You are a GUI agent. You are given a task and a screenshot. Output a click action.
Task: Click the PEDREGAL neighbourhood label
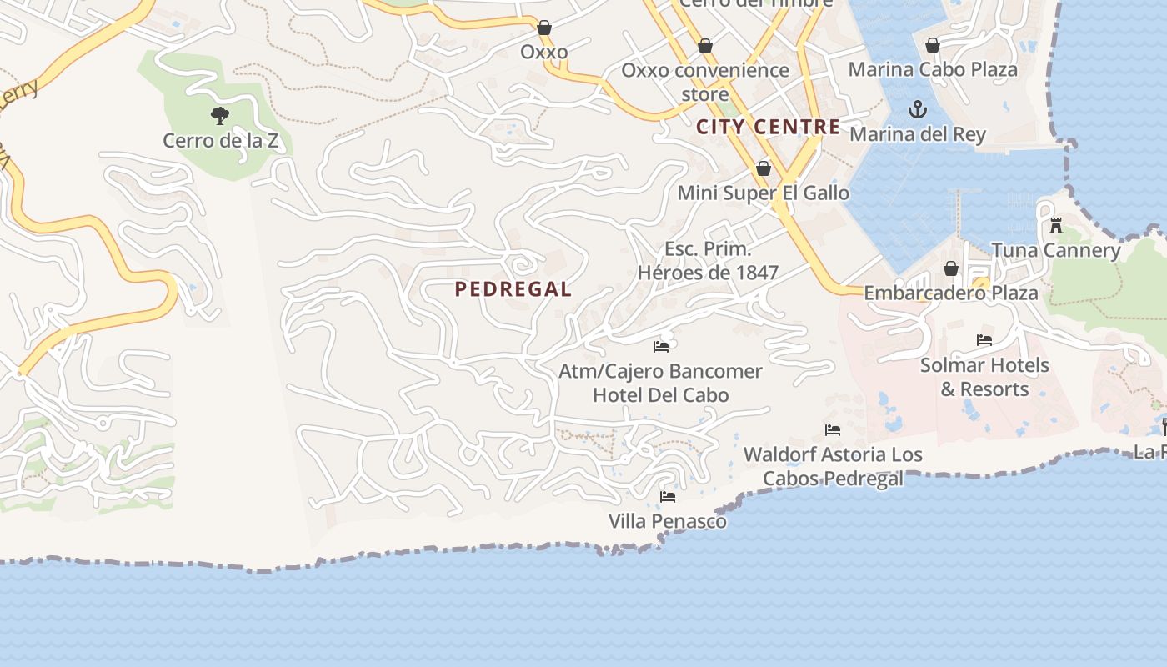(x=513, y=289)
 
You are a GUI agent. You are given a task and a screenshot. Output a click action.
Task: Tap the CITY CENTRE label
(x=768, y=127)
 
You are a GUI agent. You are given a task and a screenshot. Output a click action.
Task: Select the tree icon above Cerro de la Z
(x=220, y=116)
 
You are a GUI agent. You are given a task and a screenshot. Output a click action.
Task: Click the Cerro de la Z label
(x=220, y=140)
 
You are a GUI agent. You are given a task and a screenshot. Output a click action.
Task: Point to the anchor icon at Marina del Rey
(x=917, y=109)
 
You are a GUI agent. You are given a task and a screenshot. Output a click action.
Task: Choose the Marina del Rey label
(x=917, y=134)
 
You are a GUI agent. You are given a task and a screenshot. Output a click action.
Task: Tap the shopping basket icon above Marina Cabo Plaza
(x=933, y=45)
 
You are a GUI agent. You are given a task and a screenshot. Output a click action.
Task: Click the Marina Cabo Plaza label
(x=933, y=69)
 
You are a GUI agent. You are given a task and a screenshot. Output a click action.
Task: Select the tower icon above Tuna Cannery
(x=1056, y=226)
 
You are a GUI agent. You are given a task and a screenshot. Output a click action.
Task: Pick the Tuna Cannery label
(x=1056, y=250)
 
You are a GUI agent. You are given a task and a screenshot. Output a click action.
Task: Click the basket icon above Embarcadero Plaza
(x=950, y=268)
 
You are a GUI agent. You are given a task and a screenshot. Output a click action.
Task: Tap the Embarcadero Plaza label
(x=950, y=293)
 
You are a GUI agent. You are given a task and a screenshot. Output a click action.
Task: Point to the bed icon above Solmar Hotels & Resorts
(x=984, y=340)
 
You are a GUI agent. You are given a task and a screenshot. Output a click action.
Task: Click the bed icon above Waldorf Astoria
(x=833, y=430)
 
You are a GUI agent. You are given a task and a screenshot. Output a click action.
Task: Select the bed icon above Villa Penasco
(x=667, y=497)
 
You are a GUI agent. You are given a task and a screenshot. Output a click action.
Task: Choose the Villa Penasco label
(x=667, y=521)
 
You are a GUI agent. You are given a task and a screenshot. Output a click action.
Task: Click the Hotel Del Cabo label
(x=660, y=394)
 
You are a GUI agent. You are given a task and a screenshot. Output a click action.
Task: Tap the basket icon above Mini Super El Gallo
(x=763, y=168)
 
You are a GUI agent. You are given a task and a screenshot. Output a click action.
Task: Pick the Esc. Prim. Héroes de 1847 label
(x=708, y=260)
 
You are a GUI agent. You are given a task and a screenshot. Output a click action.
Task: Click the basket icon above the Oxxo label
(x=543, y=28)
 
